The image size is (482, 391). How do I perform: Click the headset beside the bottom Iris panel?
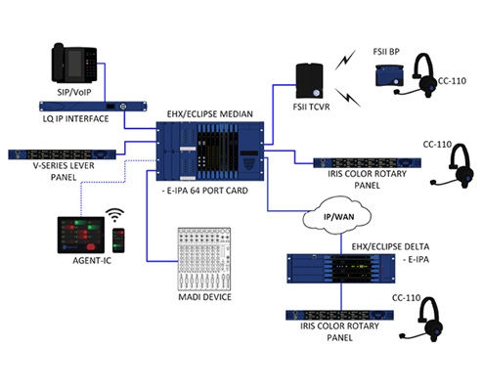(x=425, y=318)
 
